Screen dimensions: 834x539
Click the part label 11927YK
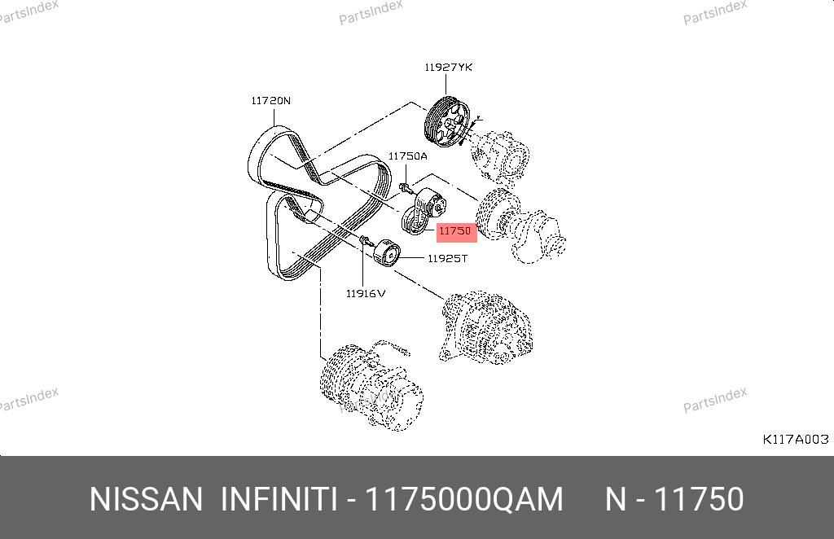pos(448,68)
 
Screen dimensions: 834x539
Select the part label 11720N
pos(270,101)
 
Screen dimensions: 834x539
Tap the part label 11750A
pos(407,156)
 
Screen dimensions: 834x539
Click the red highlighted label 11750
pos(456,231)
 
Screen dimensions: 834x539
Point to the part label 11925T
pos(447,259)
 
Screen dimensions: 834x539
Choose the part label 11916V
pos(366,293)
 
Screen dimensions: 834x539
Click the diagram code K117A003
pos(796,440)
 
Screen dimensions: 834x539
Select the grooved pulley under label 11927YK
pos(447,122)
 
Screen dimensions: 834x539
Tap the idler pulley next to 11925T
pos(385,255)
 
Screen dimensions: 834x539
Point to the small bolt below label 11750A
pos(406,187)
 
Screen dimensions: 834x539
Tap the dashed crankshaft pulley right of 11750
pos(519,226)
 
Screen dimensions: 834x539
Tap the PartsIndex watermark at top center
pos(371,11)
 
